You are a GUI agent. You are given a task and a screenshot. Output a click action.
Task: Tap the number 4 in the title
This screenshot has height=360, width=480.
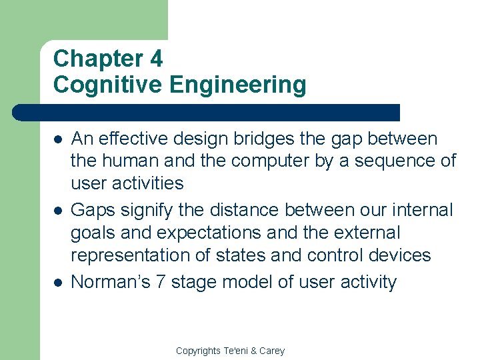[156, 59]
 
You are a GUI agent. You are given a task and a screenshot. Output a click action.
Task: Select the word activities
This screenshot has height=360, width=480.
[149, 183]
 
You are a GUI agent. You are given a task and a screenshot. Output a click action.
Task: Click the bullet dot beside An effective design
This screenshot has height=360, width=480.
[59, 140]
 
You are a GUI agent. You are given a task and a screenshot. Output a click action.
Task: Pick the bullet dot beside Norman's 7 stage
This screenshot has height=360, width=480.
[59, 283]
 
